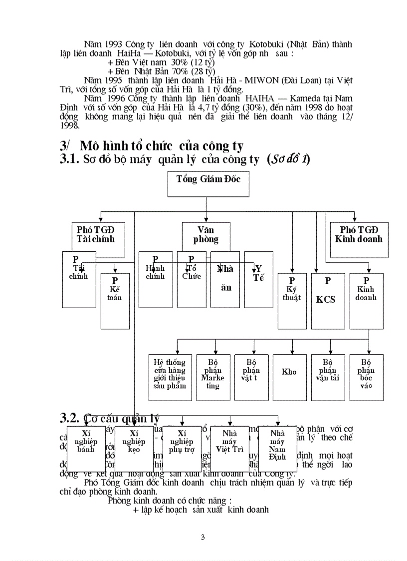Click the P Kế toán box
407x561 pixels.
115,301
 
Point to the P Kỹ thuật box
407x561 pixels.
292,301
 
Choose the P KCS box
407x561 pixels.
328,301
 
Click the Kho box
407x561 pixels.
289,377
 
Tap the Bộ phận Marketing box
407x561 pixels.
213,377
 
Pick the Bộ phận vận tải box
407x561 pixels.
328,377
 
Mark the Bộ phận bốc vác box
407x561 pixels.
367,377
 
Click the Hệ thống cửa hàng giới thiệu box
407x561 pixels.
170,377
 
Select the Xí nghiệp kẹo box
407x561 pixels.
134,449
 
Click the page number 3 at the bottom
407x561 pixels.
203,538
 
